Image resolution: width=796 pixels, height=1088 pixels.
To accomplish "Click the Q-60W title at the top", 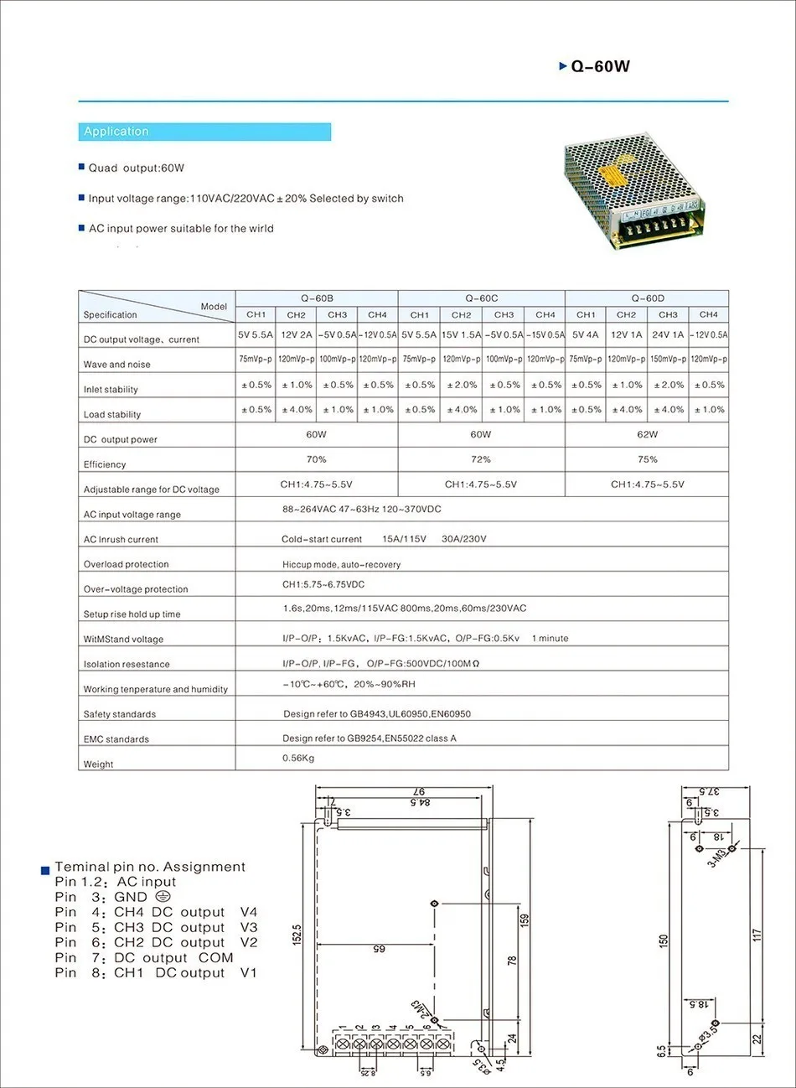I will point(599,67).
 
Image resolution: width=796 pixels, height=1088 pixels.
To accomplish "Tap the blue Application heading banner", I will point(204,132).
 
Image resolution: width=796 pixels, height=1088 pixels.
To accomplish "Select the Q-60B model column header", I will point(317,298).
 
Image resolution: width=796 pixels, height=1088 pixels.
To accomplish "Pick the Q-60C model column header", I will point(482,298).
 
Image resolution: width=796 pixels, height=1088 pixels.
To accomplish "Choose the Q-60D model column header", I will point(648,298).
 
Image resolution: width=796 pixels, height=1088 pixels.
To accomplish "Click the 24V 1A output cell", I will point(668,335).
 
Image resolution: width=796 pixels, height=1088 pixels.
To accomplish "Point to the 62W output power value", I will point(648,435).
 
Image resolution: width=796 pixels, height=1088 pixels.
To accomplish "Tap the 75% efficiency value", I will point(648,459).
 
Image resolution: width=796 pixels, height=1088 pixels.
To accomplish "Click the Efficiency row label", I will point(105,464).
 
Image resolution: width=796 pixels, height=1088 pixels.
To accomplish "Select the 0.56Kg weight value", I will point(298,759).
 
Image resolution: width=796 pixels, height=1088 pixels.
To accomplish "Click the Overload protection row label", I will point(126,564).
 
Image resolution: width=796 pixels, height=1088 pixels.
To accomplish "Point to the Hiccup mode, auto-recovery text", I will point(341,565).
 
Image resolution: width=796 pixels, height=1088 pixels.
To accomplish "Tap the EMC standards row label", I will point(116,739).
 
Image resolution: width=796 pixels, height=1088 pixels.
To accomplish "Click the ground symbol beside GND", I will point(163,897).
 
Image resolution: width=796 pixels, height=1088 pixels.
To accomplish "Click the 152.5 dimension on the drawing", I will point(297,935).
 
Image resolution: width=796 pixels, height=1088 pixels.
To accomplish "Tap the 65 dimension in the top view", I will point(379,949).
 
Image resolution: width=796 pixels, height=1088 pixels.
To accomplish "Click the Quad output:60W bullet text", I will point(136,168).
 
